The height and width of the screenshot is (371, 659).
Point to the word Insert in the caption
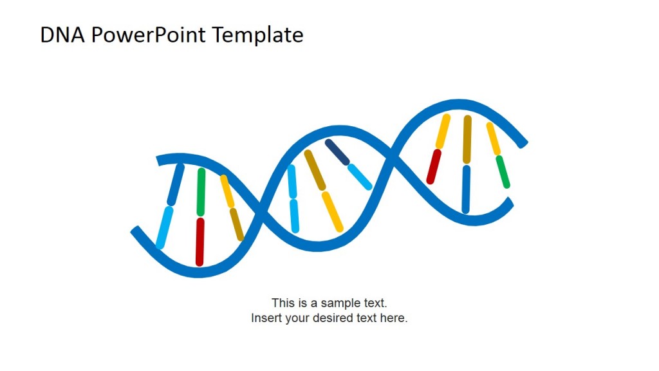[x=266, y=318]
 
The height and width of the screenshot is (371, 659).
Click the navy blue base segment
[x=337, y=152]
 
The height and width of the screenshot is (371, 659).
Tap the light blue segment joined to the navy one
[x=360, y=176]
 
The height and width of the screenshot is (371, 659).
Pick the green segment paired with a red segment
[x=201, y=191]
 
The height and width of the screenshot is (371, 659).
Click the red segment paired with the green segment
[x=200, y=242]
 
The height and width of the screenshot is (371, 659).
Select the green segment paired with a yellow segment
[x=503, y=172]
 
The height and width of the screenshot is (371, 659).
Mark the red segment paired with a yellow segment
[x=434, y=167]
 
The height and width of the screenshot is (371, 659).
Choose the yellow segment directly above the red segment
[x=443, y=131]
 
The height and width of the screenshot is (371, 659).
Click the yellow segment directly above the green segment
[x=493, y=138]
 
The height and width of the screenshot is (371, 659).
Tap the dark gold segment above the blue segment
[x=467, y=139]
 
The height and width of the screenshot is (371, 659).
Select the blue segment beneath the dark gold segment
[x=466, y=189]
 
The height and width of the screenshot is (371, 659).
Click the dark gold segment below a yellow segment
[x=237, y=224]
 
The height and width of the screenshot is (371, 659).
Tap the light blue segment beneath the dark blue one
[x=165, y=227]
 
